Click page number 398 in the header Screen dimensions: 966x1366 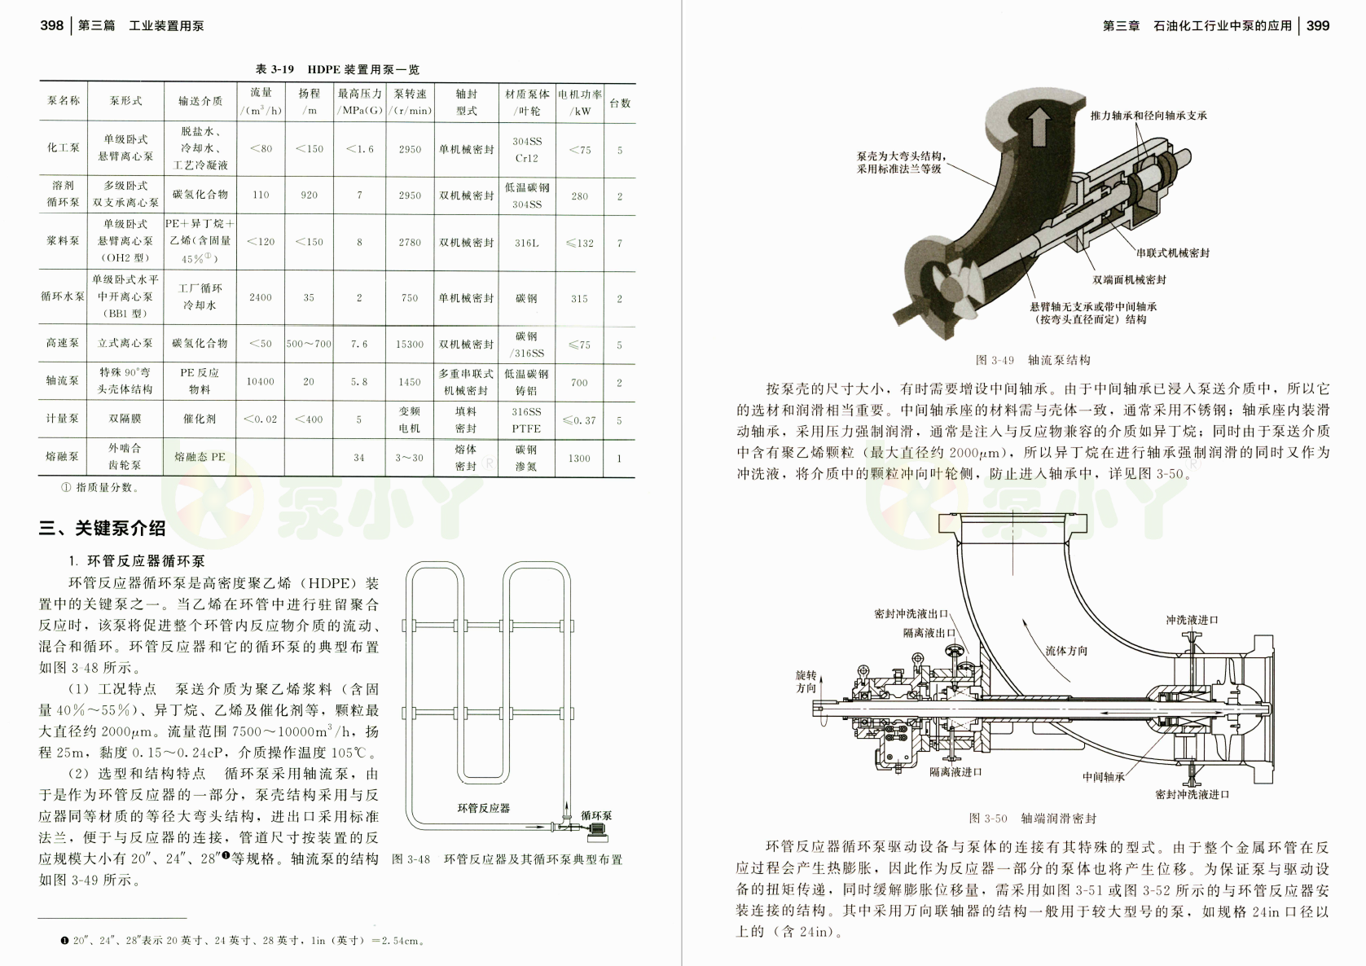(x=51, y=25)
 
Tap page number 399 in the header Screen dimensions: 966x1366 (x=1317, y=25)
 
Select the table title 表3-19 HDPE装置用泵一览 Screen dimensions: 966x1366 (x=337, y=70)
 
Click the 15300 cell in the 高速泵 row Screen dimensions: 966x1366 (x=410, y=345)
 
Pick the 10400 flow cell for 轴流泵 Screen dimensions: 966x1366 (x=261, y=381)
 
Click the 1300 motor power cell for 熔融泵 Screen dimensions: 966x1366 (x=579, y=458)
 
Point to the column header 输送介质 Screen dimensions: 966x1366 (x=200, y=102)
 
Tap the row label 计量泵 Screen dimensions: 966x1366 (x=63, y=419)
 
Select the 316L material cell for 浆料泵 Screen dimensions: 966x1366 (x=526, y=243)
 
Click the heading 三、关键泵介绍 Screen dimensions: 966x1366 (x=103, y=529)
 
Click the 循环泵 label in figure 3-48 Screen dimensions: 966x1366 (x=596, y=815)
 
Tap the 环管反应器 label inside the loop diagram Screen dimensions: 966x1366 (x=483, y=808)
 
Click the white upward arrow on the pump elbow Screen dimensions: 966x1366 (x=1039, y=127)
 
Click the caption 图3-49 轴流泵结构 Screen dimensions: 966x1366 (x=1033, y=360)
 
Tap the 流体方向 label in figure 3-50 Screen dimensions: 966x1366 (x=1066, y=651)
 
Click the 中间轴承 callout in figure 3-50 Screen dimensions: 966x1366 (x=1103, y=777)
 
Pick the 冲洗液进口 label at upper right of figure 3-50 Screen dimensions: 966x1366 (x=1192, y=620)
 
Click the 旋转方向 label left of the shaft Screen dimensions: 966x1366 (x=806, y=681)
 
